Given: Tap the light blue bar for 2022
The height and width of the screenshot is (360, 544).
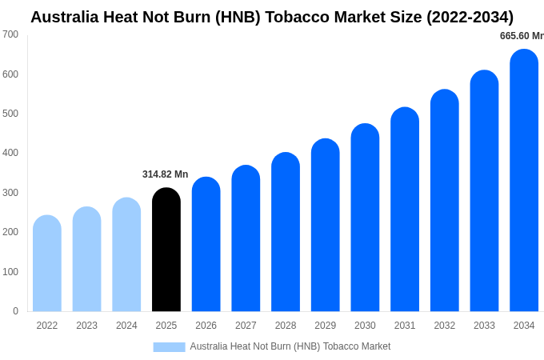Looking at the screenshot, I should click(47, 263).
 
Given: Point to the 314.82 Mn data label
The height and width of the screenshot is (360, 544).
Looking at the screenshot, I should click(166, 174).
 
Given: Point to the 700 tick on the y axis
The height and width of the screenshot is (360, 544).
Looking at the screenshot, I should click(10, 34).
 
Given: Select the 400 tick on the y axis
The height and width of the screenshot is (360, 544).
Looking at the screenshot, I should click(10, 153).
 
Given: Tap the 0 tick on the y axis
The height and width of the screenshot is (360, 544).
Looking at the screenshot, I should click(15, 311).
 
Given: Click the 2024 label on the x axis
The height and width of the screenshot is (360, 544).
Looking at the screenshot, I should click(126, 326).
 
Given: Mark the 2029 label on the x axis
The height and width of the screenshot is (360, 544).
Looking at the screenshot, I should click(326, 326).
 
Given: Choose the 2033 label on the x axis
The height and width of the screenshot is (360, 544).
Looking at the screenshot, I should click(484, 326).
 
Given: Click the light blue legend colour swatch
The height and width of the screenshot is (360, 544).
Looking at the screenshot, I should click(169, 347).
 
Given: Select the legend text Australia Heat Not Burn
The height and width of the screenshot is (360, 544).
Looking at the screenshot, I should click(290, 346).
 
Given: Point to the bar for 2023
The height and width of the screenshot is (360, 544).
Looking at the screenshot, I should click(86, 259).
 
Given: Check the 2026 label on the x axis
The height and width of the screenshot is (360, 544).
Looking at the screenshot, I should click(206, 326).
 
